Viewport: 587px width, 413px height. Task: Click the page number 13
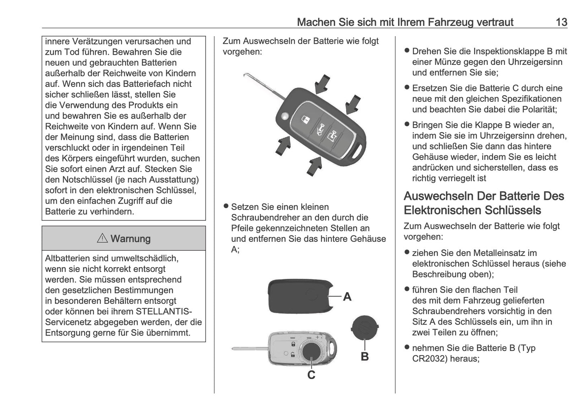pyautogui.click(x=561, y=22)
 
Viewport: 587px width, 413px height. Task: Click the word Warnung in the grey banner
pyautogui.click(x=130, y=239)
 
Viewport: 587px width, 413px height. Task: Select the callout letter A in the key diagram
pyautogui.click(x=347, y=297)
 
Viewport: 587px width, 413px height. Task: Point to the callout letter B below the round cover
pyautogui.click(x=365, y=357)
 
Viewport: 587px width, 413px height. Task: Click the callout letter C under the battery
pyautogui.click(x=311, y=375)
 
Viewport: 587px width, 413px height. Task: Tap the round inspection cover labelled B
pyautogui.click(x=365, y=327)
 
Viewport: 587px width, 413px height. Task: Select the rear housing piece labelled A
pyautogui.click(x=301, y=296)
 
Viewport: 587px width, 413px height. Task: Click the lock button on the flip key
pyautogui.click(x=305, y=119)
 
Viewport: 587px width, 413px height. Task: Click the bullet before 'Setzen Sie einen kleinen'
pyautogui.click(x=226, y=206)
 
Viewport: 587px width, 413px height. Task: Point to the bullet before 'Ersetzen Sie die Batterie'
pyautogui.click(x=407, y=87)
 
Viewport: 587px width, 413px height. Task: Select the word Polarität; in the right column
pyautogui.click(x=540, y=109)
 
